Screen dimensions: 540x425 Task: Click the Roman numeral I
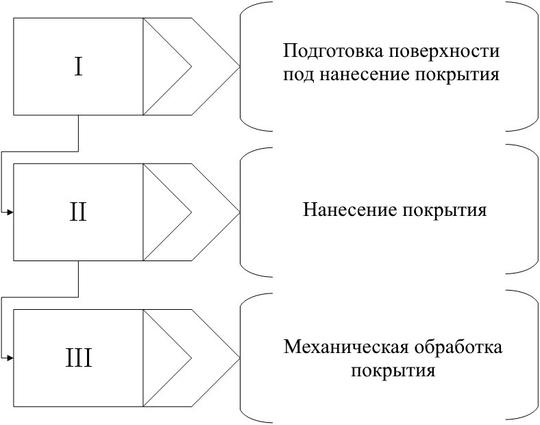[x=79, y=67]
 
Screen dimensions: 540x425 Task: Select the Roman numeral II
[x=78, y=211]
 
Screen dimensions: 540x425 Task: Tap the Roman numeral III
[x=79, y=359]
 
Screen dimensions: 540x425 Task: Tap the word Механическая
[x=347, y=347]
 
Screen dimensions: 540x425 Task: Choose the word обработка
[x=458, y=347]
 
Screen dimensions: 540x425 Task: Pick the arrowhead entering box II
[x=10, y=212]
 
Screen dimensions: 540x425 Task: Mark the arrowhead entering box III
[x=10, y=359]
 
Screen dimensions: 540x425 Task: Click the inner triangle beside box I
[x=167, y=66]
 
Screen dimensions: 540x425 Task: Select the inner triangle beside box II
[x=167, y=212]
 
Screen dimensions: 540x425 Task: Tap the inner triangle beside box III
[x=167, y=359]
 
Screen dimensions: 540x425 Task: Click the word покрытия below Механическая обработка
[x=393, y=372]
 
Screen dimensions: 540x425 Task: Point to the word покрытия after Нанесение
[x=445, y=210]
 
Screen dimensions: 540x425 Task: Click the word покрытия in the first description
[x=457, y=75]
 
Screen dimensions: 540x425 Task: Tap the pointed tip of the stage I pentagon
[x=240, y=66]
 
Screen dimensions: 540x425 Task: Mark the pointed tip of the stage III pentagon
[x=240, y=359]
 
